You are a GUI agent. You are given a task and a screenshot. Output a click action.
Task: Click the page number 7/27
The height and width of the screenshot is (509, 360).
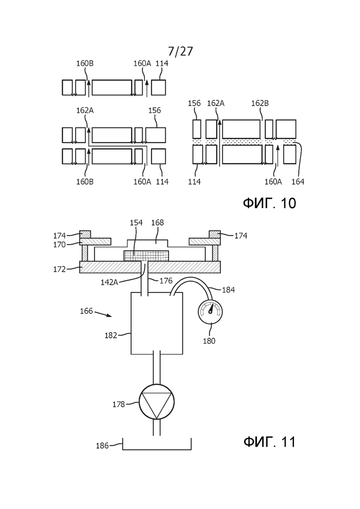click(180, 51)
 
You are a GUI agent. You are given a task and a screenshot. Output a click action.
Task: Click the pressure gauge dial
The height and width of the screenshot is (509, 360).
click(210, 311)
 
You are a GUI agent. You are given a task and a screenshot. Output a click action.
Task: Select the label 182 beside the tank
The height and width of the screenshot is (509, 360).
click(110, 335)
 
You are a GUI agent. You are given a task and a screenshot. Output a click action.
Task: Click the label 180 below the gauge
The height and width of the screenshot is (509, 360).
click(209, 341)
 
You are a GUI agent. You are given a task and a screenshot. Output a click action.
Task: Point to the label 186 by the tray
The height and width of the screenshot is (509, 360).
click(102, 446)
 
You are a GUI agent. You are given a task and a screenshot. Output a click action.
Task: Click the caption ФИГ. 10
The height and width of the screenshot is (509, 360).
click(270, 203)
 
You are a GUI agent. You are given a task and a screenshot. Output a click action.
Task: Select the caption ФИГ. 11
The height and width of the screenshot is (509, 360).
click(270, 442)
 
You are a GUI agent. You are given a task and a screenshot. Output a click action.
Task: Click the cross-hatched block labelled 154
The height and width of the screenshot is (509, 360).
click(146, 255)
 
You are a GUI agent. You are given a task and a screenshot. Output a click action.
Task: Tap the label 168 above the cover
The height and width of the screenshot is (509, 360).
click(157, 223)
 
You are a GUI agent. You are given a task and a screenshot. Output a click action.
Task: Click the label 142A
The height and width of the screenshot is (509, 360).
click(109, 282)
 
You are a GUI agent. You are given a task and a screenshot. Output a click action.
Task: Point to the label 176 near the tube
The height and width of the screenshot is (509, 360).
click(166, 281)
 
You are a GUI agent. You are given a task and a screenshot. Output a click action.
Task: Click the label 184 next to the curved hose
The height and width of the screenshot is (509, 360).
click(228, 289)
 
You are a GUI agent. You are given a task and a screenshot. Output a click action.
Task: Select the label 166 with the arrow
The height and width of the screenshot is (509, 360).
click(86, 311)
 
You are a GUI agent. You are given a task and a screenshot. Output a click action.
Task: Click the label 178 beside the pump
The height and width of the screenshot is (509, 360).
click(119, 404)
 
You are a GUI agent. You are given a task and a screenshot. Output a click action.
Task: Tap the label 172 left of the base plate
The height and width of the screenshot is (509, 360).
click(60, 269)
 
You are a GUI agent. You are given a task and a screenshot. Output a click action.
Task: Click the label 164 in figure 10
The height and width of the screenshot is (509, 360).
click(298, 182)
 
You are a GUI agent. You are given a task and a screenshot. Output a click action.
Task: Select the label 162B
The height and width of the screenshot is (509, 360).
click(260, 103)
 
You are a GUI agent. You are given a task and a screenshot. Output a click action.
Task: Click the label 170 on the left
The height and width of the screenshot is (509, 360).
click(60, 245)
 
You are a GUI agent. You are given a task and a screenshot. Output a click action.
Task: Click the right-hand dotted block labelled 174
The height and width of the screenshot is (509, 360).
click(215, 234)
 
